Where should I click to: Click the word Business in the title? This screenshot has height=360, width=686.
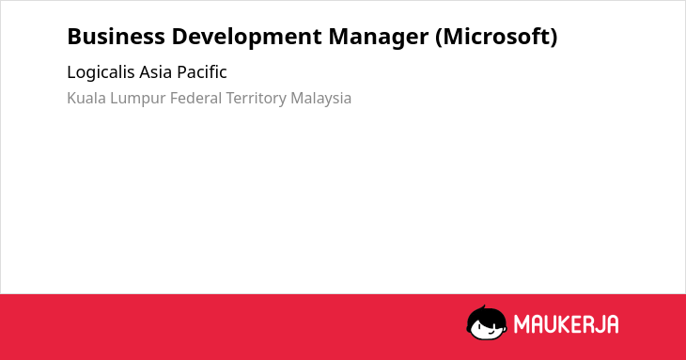tap(116, 37)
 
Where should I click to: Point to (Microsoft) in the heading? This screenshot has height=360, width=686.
tap(496, 38)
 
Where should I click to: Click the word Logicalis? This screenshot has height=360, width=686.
tap(101, 72)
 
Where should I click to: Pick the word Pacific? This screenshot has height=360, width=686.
tap(202, 72)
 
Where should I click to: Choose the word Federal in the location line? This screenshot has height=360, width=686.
tap(195, 98)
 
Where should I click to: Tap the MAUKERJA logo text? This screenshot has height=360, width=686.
tap(566, 324)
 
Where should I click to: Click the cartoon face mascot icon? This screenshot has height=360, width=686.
tap(487, 322)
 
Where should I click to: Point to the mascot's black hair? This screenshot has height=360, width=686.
tap(486, 315)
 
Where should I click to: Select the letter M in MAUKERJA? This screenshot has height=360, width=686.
tap(521, 324)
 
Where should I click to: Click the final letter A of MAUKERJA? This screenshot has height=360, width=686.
tap(613, 324)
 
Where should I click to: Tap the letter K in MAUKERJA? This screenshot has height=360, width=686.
tap(564, 324)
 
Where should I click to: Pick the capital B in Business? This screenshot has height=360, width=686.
tap(73, 37)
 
